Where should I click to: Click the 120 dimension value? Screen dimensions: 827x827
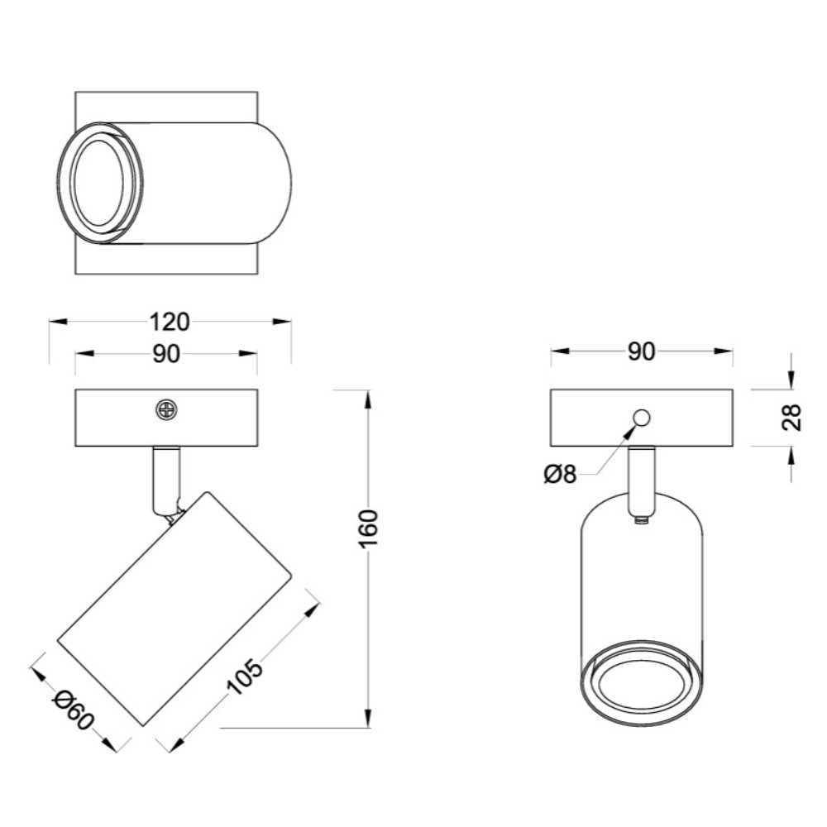(170, 322)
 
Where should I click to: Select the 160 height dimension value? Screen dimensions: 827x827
(368, 529)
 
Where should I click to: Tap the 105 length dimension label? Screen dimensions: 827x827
(244, 676)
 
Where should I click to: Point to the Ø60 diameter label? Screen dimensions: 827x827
(74, 710)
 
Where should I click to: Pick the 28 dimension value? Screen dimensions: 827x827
(791, 418)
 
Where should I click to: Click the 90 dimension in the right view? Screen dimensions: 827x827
(642, 351)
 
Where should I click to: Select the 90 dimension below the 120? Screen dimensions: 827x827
(167, 354)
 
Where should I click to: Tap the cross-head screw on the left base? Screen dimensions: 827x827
(166, 409)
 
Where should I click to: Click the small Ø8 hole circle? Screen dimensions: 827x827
(642, 418)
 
